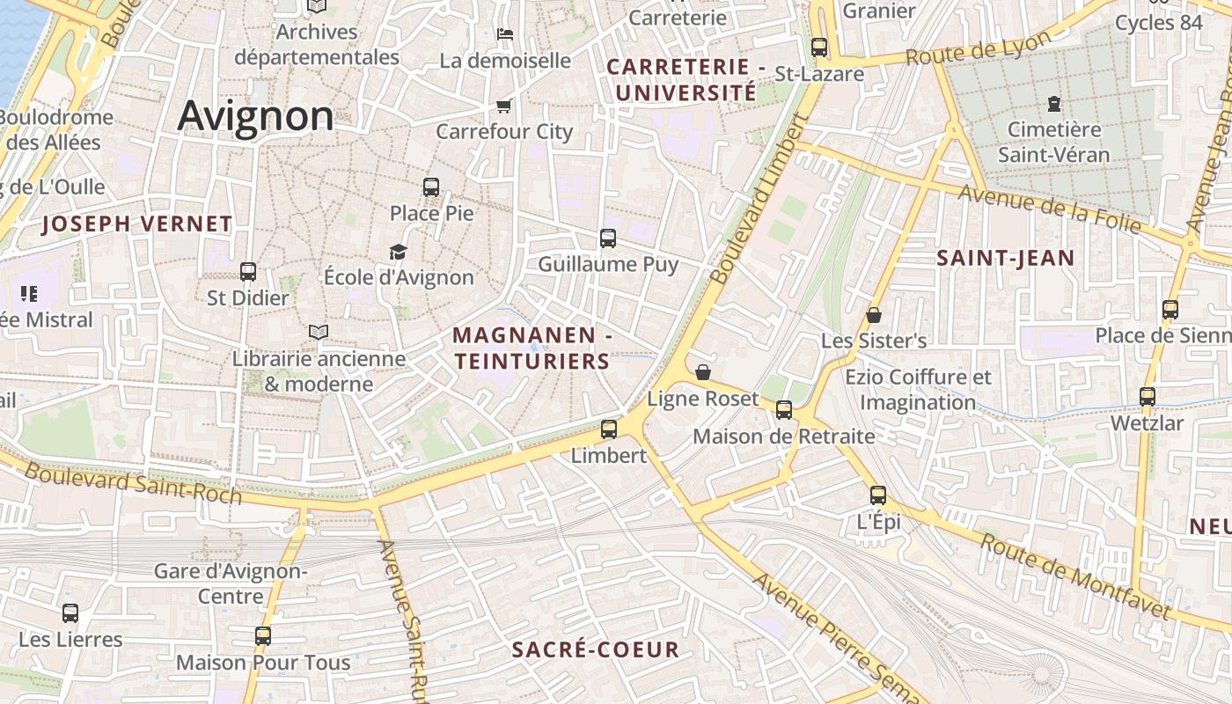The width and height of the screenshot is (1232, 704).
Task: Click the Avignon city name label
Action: (x=256, y=116)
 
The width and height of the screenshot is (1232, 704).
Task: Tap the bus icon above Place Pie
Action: (x=430, y=187)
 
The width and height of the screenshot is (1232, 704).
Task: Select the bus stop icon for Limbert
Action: (x=608, y=429)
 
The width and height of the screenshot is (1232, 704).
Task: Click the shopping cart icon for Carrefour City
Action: (x=503, y=106)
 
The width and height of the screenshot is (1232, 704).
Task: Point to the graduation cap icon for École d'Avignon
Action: (x=399, y=253)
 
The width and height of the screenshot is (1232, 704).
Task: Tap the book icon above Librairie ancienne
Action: (x=319, y=332)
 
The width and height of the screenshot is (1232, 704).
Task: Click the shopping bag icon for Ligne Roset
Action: (x=702, y=373)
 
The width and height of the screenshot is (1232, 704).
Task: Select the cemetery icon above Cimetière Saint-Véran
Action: (x=1053, y=104)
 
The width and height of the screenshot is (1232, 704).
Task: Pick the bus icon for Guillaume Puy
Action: (x=607, y=238)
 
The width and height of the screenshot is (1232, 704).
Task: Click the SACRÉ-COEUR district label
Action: (x=596, y=650)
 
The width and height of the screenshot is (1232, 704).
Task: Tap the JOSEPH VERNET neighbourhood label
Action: (x=137, y=224)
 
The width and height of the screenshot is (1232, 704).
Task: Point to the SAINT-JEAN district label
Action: (x=1005, y=258)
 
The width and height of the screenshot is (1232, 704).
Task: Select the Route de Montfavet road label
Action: (x=1075, y=576)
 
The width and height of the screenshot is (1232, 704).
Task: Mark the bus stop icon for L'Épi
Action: (x=877, y=495)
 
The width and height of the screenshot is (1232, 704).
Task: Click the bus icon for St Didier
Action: (x=248, y=272)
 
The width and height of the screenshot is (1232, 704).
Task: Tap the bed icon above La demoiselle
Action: (x=505, y=34)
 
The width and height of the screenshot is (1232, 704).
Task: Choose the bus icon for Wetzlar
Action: (x=1147, y=397)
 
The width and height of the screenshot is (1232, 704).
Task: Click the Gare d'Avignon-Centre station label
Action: (x=231, y=583)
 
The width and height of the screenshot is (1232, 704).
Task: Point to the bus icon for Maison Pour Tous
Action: (x=263, y=636)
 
